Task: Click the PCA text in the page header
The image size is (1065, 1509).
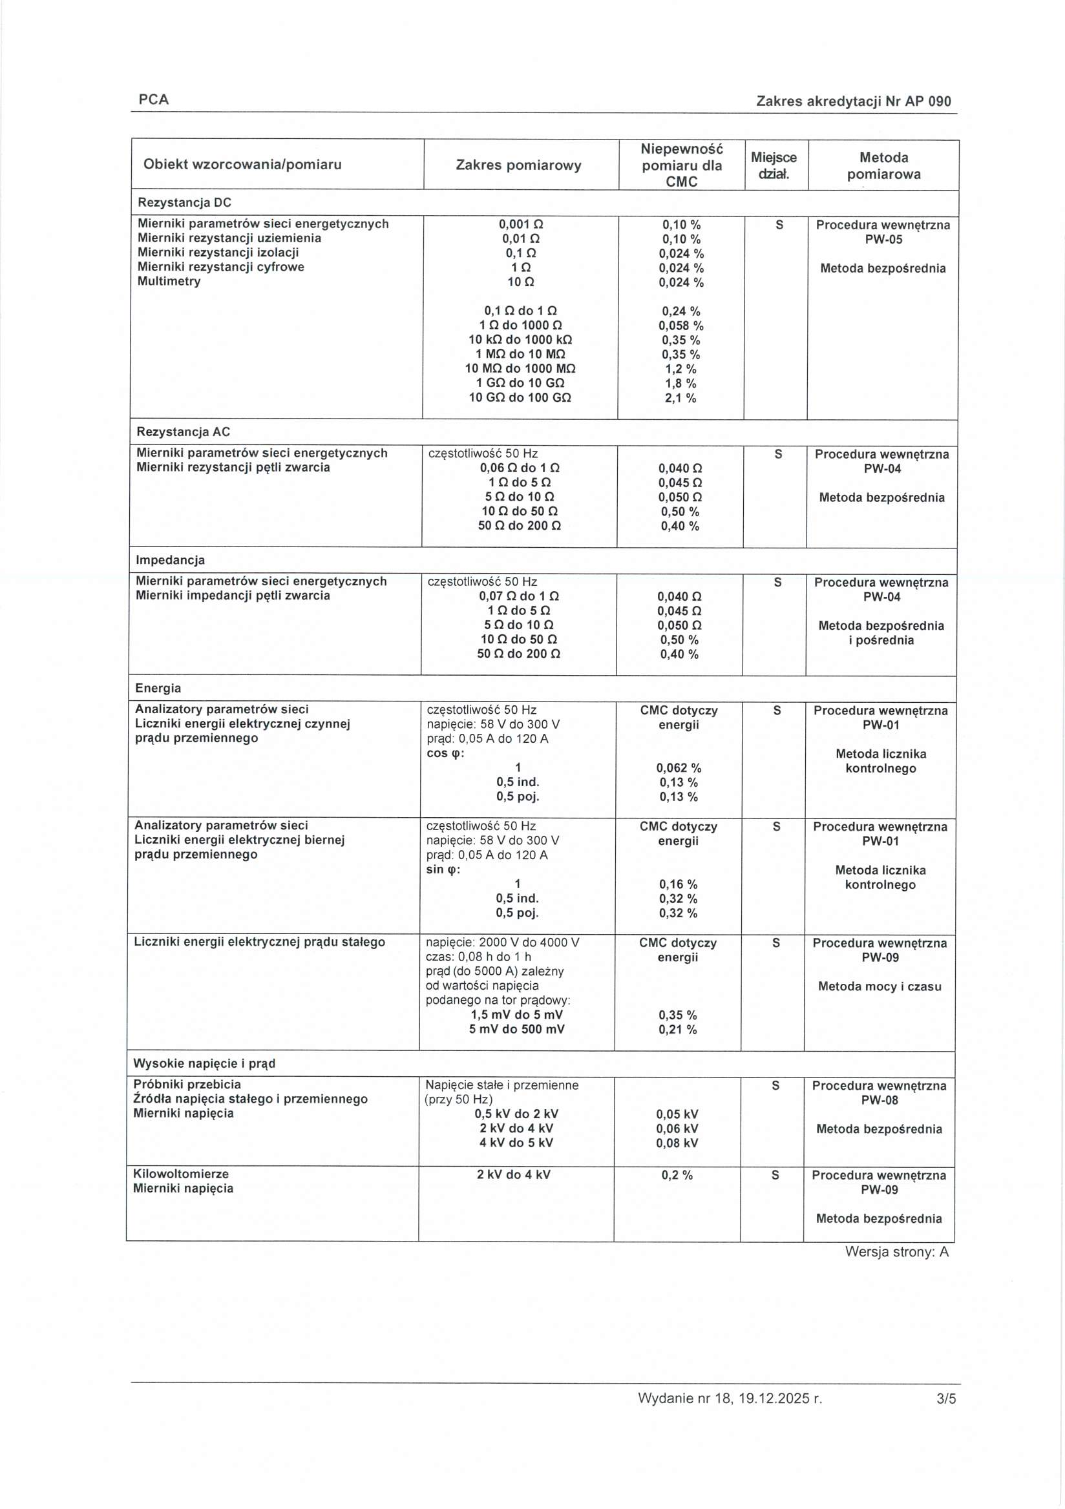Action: (x=153, y=99)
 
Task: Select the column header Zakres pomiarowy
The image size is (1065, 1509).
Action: (x=519, y=165)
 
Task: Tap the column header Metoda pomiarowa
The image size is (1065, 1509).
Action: (x=883, y=165)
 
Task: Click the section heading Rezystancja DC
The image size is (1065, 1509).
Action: (x=184, y=202)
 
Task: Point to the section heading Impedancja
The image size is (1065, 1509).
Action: (x=170, y=560)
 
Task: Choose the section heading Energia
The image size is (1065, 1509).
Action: (x=158, y=688)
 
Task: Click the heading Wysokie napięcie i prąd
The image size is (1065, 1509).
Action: (x=204, y=1063)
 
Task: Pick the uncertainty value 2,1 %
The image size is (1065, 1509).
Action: (x=680, y=398)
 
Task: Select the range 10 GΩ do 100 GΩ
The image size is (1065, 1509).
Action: (x=520, y=398)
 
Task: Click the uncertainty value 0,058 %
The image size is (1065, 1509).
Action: (x=681, y=326)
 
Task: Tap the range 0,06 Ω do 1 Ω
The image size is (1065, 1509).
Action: (x=520, y=468)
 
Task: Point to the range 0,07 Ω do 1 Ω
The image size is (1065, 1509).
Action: (x=519, y=596)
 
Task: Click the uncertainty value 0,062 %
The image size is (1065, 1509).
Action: (x=679, y=767)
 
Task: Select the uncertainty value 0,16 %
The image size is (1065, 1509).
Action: (x=679, y=884)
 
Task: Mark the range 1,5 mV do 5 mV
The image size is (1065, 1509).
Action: (x=517, y=1015)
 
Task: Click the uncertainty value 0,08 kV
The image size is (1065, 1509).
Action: (x=677, y=1143)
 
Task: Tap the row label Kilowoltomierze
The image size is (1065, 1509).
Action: (x=181, y=1174)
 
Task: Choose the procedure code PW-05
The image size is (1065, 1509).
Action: (x=883, y=239)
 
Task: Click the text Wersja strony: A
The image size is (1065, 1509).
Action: (x=897, y=1252)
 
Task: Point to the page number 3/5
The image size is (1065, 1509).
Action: (x=946, y=1417)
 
